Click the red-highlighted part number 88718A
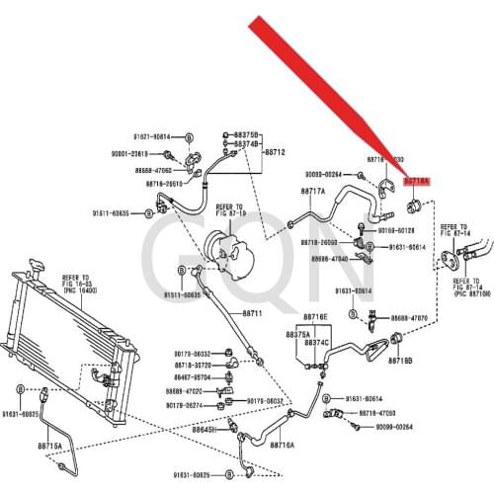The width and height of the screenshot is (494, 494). (x=416, y=181)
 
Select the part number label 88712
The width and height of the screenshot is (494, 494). (x=273, y=152)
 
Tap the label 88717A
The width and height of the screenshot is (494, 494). (x=312, y=191)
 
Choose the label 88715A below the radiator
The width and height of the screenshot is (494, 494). (x=49, y=446)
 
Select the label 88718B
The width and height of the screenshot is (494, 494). (x=399, y=362)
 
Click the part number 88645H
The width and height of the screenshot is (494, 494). (x=205, y=430)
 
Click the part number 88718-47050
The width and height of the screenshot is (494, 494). (x=377, y=412)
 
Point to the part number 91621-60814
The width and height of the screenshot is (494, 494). (x=151, y=136)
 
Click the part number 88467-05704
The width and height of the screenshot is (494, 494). (x=196, y=376)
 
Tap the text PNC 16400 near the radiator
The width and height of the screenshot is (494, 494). (x=52, y=291)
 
